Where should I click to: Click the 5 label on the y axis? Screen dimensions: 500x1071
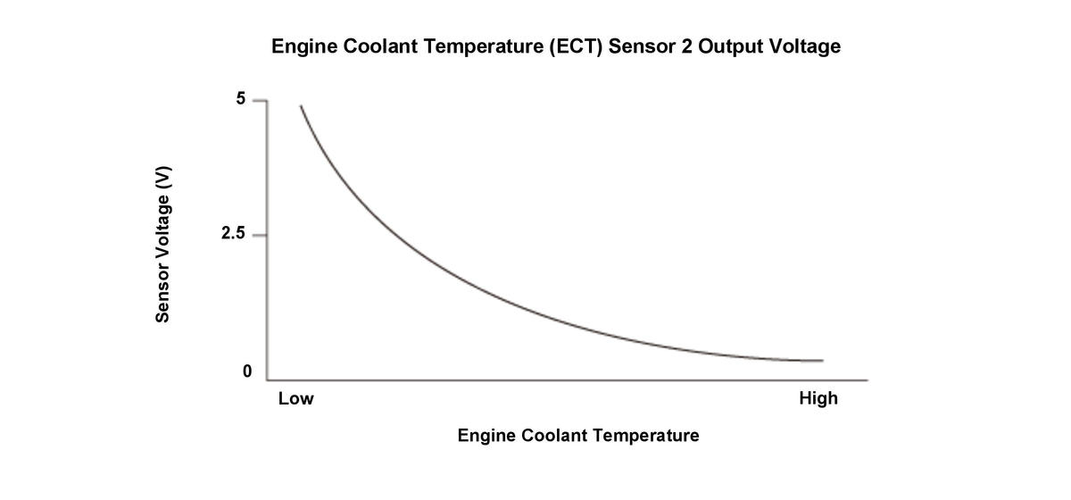(x=241, y=99)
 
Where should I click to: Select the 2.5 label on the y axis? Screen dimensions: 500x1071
(x=233, y=235)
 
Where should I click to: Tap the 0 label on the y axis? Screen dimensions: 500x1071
(x=246, y=371)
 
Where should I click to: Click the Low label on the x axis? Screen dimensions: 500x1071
(x=295, y=399)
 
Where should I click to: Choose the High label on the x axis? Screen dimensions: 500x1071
(x=818, y=399)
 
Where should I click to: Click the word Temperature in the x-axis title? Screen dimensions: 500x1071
(x=645, y=436)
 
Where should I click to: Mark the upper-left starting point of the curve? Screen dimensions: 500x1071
(x=301, y=106)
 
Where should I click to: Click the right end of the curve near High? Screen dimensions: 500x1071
(x=821, y=361)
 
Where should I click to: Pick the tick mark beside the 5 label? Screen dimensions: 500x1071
(x=260, y=100)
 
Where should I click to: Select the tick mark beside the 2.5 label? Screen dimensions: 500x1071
(x=260, y=236)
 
